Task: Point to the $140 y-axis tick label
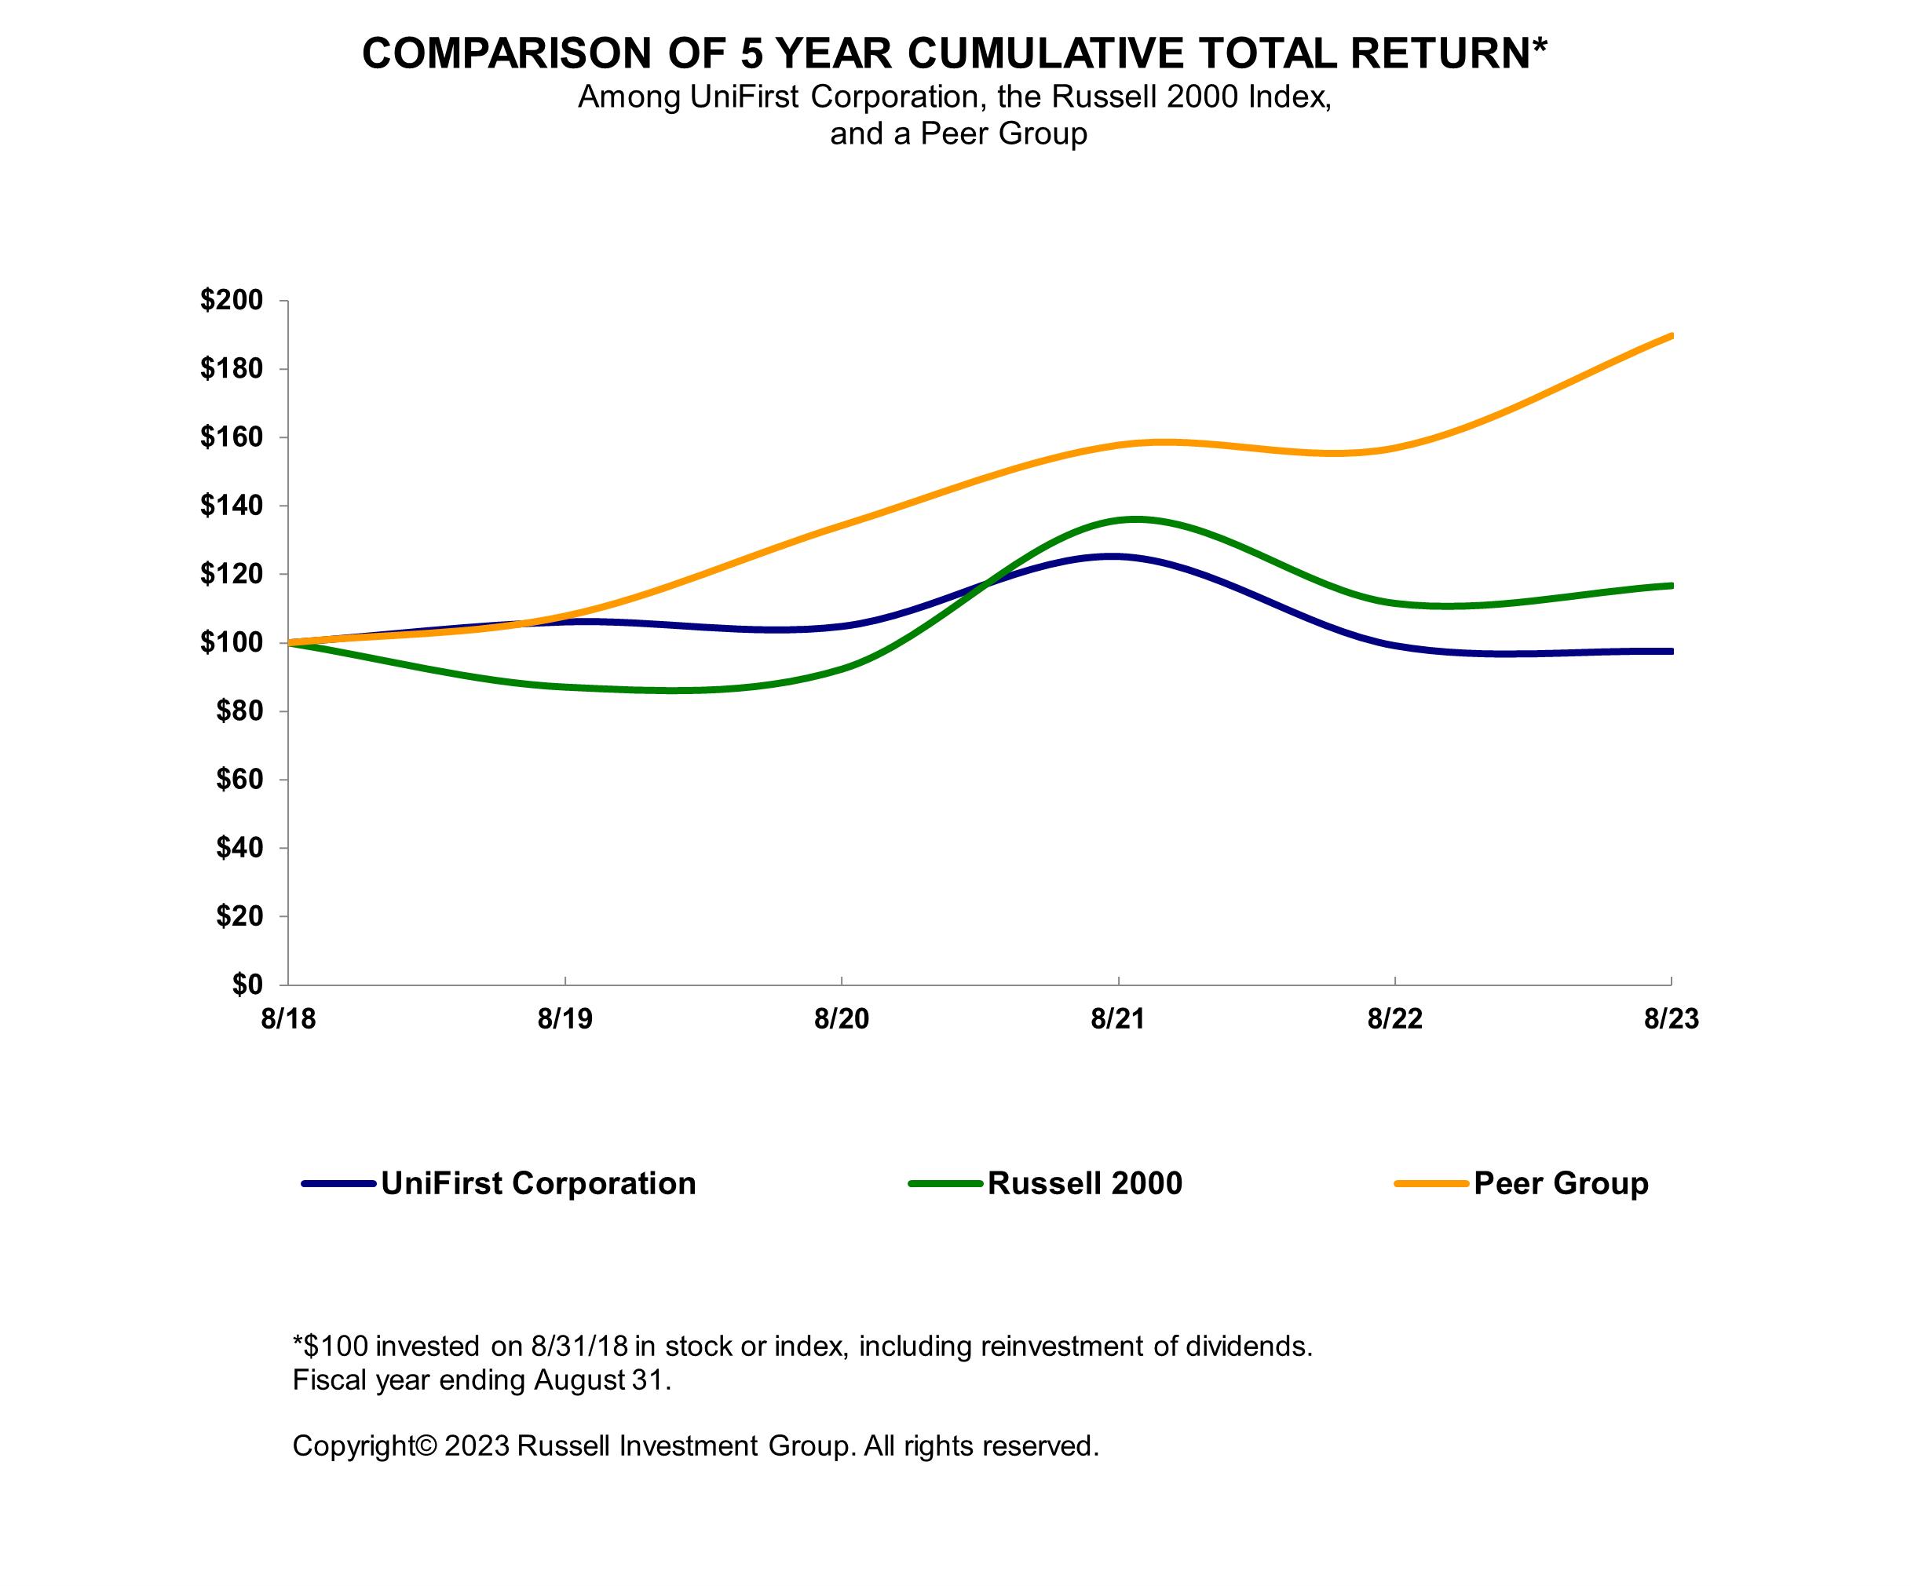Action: tap(231, 506)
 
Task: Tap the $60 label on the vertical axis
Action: tap(239, 780)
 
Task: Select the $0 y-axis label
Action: tap(247, 985)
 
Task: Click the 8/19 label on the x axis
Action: tap(565, 1019)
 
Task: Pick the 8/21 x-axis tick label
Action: tap(1117, 1019)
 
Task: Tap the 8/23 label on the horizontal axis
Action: tap(1671, 1019)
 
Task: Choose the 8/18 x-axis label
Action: tap(287, 1019)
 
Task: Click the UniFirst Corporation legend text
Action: tap(538, 1184)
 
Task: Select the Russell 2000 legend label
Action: tap(1085, 1184)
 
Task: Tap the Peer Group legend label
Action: tap(1561, 1184)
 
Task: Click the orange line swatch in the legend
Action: tap(1431, 1184)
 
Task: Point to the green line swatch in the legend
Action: tap(945, 1184)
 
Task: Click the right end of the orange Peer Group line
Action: tap(1671, 336)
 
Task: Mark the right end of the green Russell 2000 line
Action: tap(1671, 585)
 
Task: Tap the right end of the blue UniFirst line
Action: tap(1671, 652)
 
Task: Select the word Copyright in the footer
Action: tap(353, 1446)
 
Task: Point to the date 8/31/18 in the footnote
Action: tap(572, 1346)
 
